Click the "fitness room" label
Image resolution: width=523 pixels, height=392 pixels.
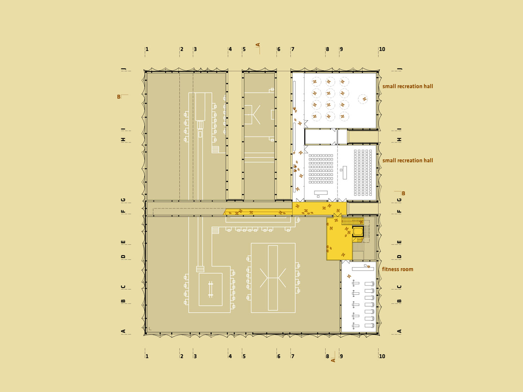[x=397, y=269]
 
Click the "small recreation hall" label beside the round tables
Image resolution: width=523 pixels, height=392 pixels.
[x=408, y=86]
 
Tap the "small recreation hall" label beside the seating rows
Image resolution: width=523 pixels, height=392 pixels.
[x=408, y=160]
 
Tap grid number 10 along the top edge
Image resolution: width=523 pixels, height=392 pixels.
[x=382, y=49]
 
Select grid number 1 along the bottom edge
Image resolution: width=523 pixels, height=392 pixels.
[x=147, y=356]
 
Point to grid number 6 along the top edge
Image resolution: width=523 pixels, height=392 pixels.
[x=279, y=49]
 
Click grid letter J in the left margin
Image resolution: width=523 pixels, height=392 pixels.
[x=123, y=69]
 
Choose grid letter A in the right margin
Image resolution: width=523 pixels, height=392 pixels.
[x=399, y=331]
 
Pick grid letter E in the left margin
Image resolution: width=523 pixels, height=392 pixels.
[x=123, y=242]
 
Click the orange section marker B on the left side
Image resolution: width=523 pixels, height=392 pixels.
[x=119, y=97]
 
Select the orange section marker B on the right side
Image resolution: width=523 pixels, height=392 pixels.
[x=403, y=193]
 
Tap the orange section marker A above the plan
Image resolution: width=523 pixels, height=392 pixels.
[x=258, y=45]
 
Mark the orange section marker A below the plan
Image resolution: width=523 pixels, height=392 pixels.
[x=333, y=360]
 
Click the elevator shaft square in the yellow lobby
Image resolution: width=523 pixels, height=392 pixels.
[x=358, y=231]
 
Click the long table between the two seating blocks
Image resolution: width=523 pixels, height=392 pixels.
[x=344, y=172]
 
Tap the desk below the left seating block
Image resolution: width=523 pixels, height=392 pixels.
[x=321, y=193]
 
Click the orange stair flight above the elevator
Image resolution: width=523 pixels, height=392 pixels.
[x=353, y=221]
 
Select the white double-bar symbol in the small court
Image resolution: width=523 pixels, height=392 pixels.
[x=211, y=290]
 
